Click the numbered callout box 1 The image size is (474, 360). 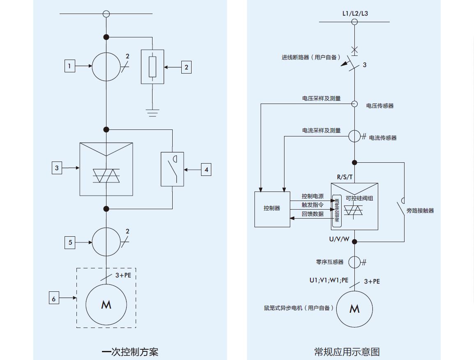70,66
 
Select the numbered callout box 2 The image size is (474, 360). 186,67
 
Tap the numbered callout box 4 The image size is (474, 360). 206,169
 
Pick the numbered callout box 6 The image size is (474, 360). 53,299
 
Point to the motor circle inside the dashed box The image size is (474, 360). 106,305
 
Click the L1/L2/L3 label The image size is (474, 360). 355,14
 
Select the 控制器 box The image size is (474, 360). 272,209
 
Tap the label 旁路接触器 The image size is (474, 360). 420,211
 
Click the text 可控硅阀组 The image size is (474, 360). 359,198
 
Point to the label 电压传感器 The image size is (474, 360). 380,106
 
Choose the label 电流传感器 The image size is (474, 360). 383,138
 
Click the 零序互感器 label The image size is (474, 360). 330,262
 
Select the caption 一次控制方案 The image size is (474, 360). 130,352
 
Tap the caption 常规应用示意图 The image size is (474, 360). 347,352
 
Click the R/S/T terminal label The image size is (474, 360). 345,177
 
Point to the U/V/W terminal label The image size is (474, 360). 339,239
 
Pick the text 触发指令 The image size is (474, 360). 312,205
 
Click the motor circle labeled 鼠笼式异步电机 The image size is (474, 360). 354,309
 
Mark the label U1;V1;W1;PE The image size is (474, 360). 329,280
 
